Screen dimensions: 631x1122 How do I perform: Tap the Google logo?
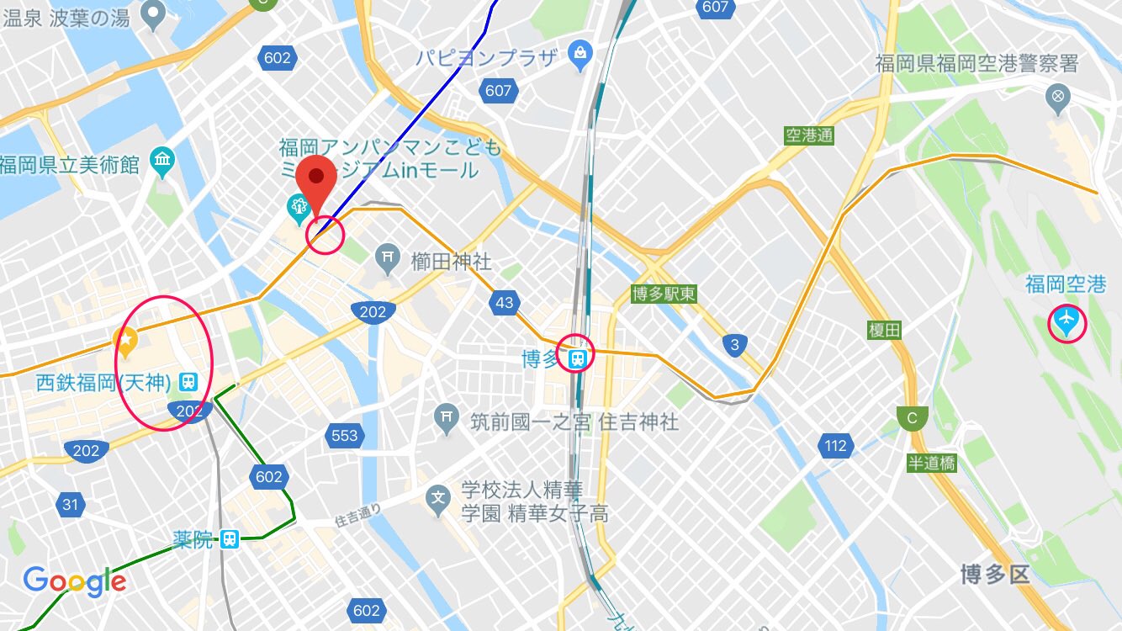tap(75, 581)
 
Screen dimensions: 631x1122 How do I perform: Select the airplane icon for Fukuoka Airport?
tap(1066, 321)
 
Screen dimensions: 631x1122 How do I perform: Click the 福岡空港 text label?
tap(1065, 285)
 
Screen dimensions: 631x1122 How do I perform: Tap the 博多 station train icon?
tap(578, 359)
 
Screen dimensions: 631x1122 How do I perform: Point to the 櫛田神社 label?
tap(451, 262)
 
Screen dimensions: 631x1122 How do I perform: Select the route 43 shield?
tap(504, 304)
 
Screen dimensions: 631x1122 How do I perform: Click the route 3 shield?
tap(735, 344)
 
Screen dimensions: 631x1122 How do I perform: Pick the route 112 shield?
tap(835, 445)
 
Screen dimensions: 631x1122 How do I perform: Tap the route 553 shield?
tap(345, 436)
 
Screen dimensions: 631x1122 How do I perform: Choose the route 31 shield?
tap(69, 505)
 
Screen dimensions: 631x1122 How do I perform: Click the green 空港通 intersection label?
tap(808, 135)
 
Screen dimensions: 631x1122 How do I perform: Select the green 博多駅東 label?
tap(664, 294)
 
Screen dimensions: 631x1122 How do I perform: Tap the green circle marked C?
tap(911, 417)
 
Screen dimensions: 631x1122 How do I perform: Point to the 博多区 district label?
tap(996, 575)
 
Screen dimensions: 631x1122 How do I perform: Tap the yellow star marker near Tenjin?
tap(125, 341)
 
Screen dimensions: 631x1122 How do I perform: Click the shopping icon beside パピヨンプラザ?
tap(579, 56)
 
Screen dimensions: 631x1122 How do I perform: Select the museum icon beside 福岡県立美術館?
tap(161, 160)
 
